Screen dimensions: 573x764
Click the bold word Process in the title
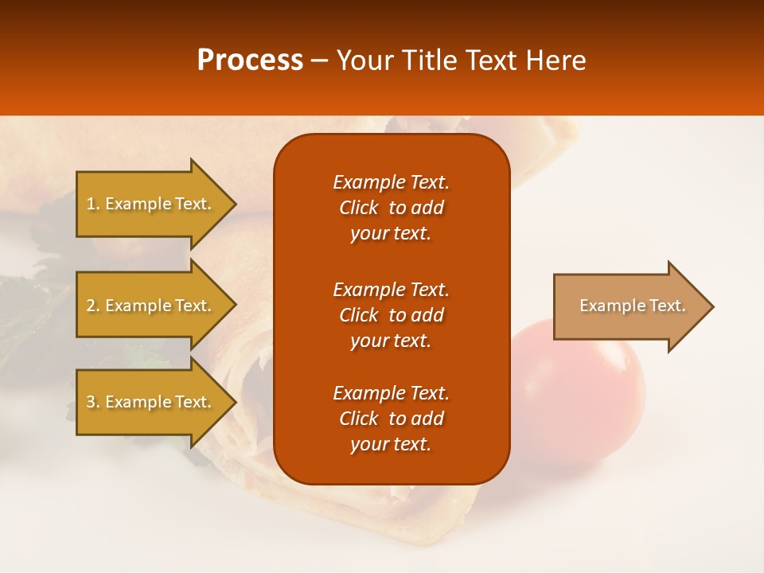coord(250,60)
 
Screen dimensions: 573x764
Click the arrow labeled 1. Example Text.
coord(151,204)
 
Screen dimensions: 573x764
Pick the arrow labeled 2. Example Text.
coord(151,306)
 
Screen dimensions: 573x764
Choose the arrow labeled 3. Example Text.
coord(151,402)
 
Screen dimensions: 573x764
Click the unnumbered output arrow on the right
coord(629,306)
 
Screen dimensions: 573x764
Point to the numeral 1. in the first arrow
coord(92,204)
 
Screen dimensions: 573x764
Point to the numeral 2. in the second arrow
coord(92,306)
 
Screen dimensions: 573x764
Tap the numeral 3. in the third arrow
coord(92,402)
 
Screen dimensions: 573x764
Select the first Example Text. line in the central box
coord(391,182)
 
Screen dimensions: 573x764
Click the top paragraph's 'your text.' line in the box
coord(391,233)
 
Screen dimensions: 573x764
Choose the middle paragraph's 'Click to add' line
coord(391,315)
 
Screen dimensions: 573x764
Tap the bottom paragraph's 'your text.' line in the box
coord(391,444)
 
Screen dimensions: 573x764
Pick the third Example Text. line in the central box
coord(391,393)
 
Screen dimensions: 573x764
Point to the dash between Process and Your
coord(320,60)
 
